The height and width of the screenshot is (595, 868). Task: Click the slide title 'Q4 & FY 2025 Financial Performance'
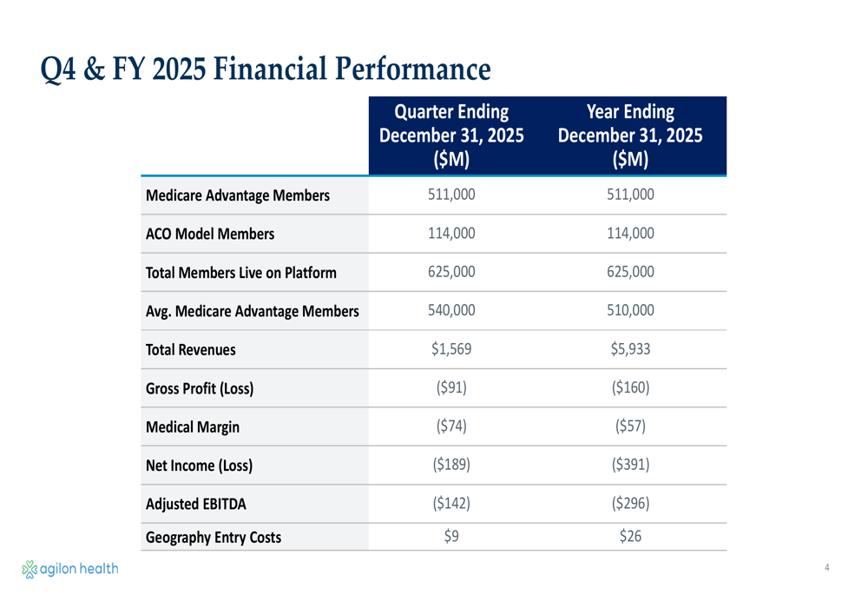click(266, 69)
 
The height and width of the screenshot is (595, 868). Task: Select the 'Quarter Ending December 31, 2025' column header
click(451, 136)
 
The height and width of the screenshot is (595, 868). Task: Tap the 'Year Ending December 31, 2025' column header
click(630, 136)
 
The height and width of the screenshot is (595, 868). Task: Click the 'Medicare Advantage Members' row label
click(237, 195)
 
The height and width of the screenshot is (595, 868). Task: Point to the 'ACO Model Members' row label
click(209, 234)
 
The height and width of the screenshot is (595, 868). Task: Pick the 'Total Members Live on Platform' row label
click(240, 273)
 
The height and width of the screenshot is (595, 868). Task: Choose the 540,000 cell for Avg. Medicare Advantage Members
click(451, 310)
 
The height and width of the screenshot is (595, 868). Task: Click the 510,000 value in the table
click(630, 310)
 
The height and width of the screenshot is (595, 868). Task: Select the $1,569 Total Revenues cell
click(451, 349)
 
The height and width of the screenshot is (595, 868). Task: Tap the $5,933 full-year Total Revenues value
click(630, 349)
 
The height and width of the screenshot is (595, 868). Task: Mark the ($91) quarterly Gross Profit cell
click(451, 387)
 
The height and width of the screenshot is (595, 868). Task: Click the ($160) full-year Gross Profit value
click(630, 387)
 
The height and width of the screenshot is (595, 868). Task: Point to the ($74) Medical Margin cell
click(451, 426)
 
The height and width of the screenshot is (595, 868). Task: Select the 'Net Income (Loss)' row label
click(199, 466)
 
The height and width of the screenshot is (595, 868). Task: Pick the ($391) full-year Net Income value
click(630, 465)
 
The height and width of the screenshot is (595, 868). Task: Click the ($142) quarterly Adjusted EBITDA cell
click(451, 503)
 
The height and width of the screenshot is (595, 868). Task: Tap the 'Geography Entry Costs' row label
click(213, 537)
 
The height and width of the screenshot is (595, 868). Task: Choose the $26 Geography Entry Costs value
click(630, 536)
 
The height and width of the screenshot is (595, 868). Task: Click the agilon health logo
click(69, 569)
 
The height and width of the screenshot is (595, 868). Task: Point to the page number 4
click(827, 568)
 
